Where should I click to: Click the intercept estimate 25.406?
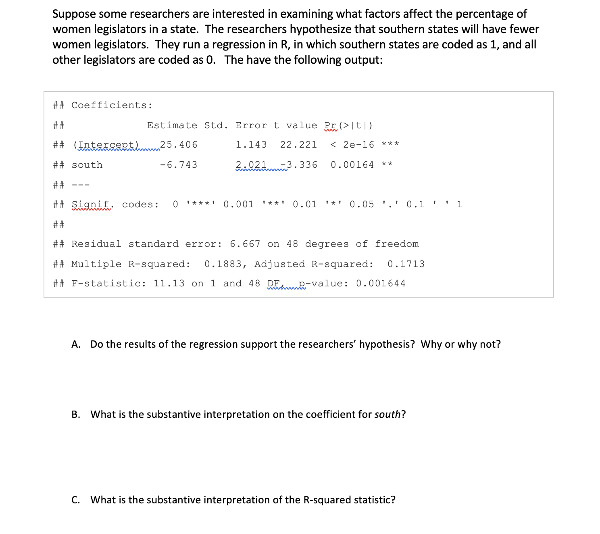pos(179,144)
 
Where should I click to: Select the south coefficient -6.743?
pos(179,165)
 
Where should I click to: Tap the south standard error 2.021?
pos(251,165)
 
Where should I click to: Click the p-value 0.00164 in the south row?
pos(352,165)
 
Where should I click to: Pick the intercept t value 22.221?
pos(298,144)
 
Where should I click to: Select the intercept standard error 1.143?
pos(251,144)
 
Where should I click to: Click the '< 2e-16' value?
pos(352,144)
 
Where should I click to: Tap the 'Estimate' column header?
pos(172,125)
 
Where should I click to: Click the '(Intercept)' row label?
pos(106,144)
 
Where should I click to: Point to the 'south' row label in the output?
pos(87,165)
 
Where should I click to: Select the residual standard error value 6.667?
pos(245,244)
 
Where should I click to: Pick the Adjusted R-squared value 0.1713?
pos(406,264)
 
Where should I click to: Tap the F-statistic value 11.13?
pos(169,284)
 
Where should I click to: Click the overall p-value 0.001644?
pos(380,284)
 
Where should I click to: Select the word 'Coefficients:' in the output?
pos(112,105)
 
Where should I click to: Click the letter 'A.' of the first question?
pos(76,344)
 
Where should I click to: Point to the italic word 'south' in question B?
pos(387,414)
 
